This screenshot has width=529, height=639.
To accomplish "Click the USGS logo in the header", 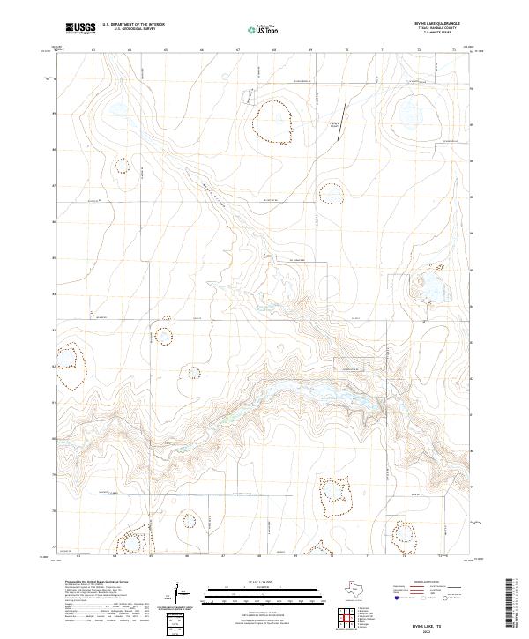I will [x=81, y=28].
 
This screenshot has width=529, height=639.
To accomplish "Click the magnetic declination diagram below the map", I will [x=178, y=594].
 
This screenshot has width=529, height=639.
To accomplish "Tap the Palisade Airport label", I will [x=333, y=123].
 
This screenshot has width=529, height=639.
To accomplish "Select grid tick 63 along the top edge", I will [x=93, y=51].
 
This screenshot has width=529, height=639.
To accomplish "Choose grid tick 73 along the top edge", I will [x=454, y=51].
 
